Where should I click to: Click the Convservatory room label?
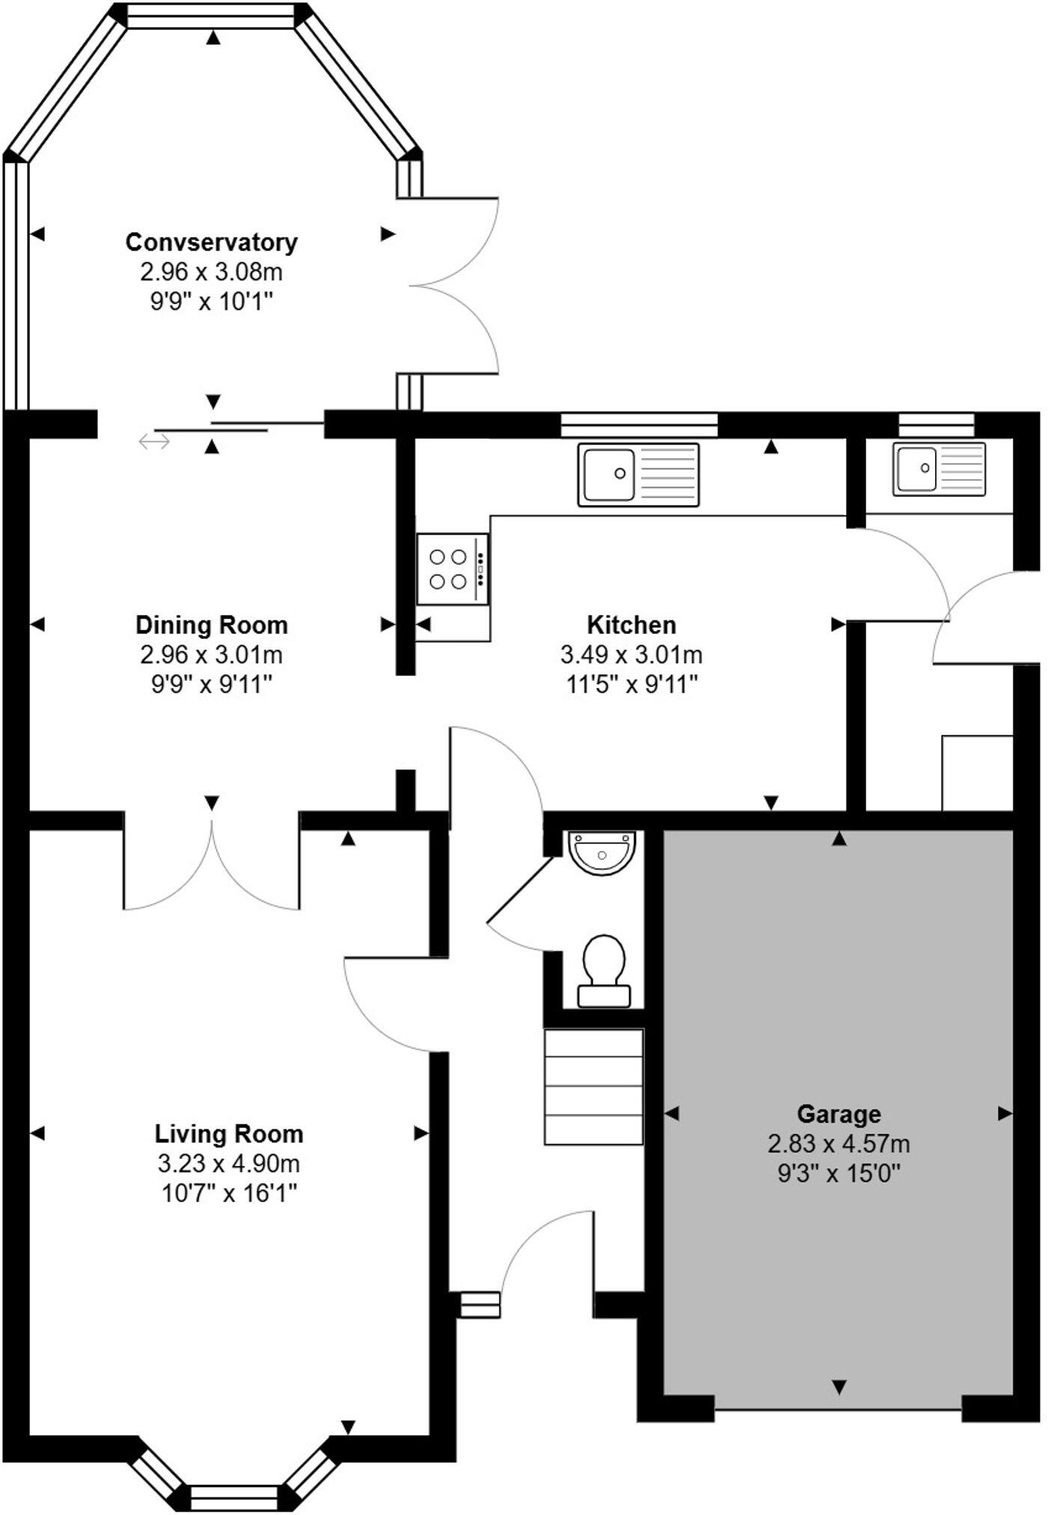211,243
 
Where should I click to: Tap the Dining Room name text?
211,624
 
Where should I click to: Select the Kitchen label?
631,624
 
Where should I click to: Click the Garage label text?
838,1114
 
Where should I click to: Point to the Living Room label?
229,1133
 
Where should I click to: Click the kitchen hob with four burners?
453,569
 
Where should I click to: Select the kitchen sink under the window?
638,474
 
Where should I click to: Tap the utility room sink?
939,469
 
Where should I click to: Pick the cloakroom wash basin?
602,851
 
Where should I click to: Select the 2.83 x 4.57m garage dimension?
838,1144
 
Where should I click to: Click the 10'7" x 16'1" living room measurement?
229,1193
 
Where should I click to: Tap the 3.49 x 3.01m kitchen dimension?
631,655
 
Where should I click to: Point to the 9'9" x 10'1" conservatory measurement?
211,302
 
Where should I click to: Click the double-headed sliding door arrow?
154,442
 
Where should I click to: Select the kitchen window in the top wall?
639,424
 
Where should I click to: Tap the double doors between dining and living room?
212,868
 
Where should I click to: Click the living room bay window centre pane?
234,1497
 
